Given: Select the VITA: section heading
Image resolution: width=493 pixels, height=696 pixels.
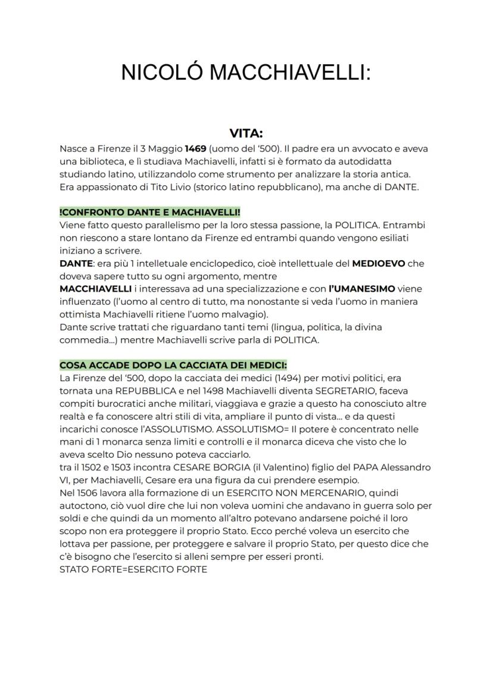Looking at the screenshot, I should tap(246, 134).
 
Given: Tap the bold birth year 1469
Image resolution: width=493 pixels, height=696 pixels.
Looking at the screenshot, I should tap(196, 148).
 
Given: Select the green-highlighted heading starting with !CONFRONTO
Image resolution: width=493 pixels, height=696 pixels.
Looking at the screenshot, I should tap(150, 212).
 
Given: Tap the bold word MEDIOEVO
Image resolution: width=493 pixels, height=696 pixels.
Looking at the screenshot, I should tap(388, 263).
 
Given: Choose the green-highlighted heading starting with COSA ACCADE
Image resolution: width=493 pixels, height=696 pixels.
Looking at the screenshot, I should tap(173, 365).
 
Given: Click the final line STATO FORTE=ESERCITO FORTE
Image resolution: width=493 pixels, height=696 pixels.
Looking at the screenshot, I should tap(133, 570).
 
